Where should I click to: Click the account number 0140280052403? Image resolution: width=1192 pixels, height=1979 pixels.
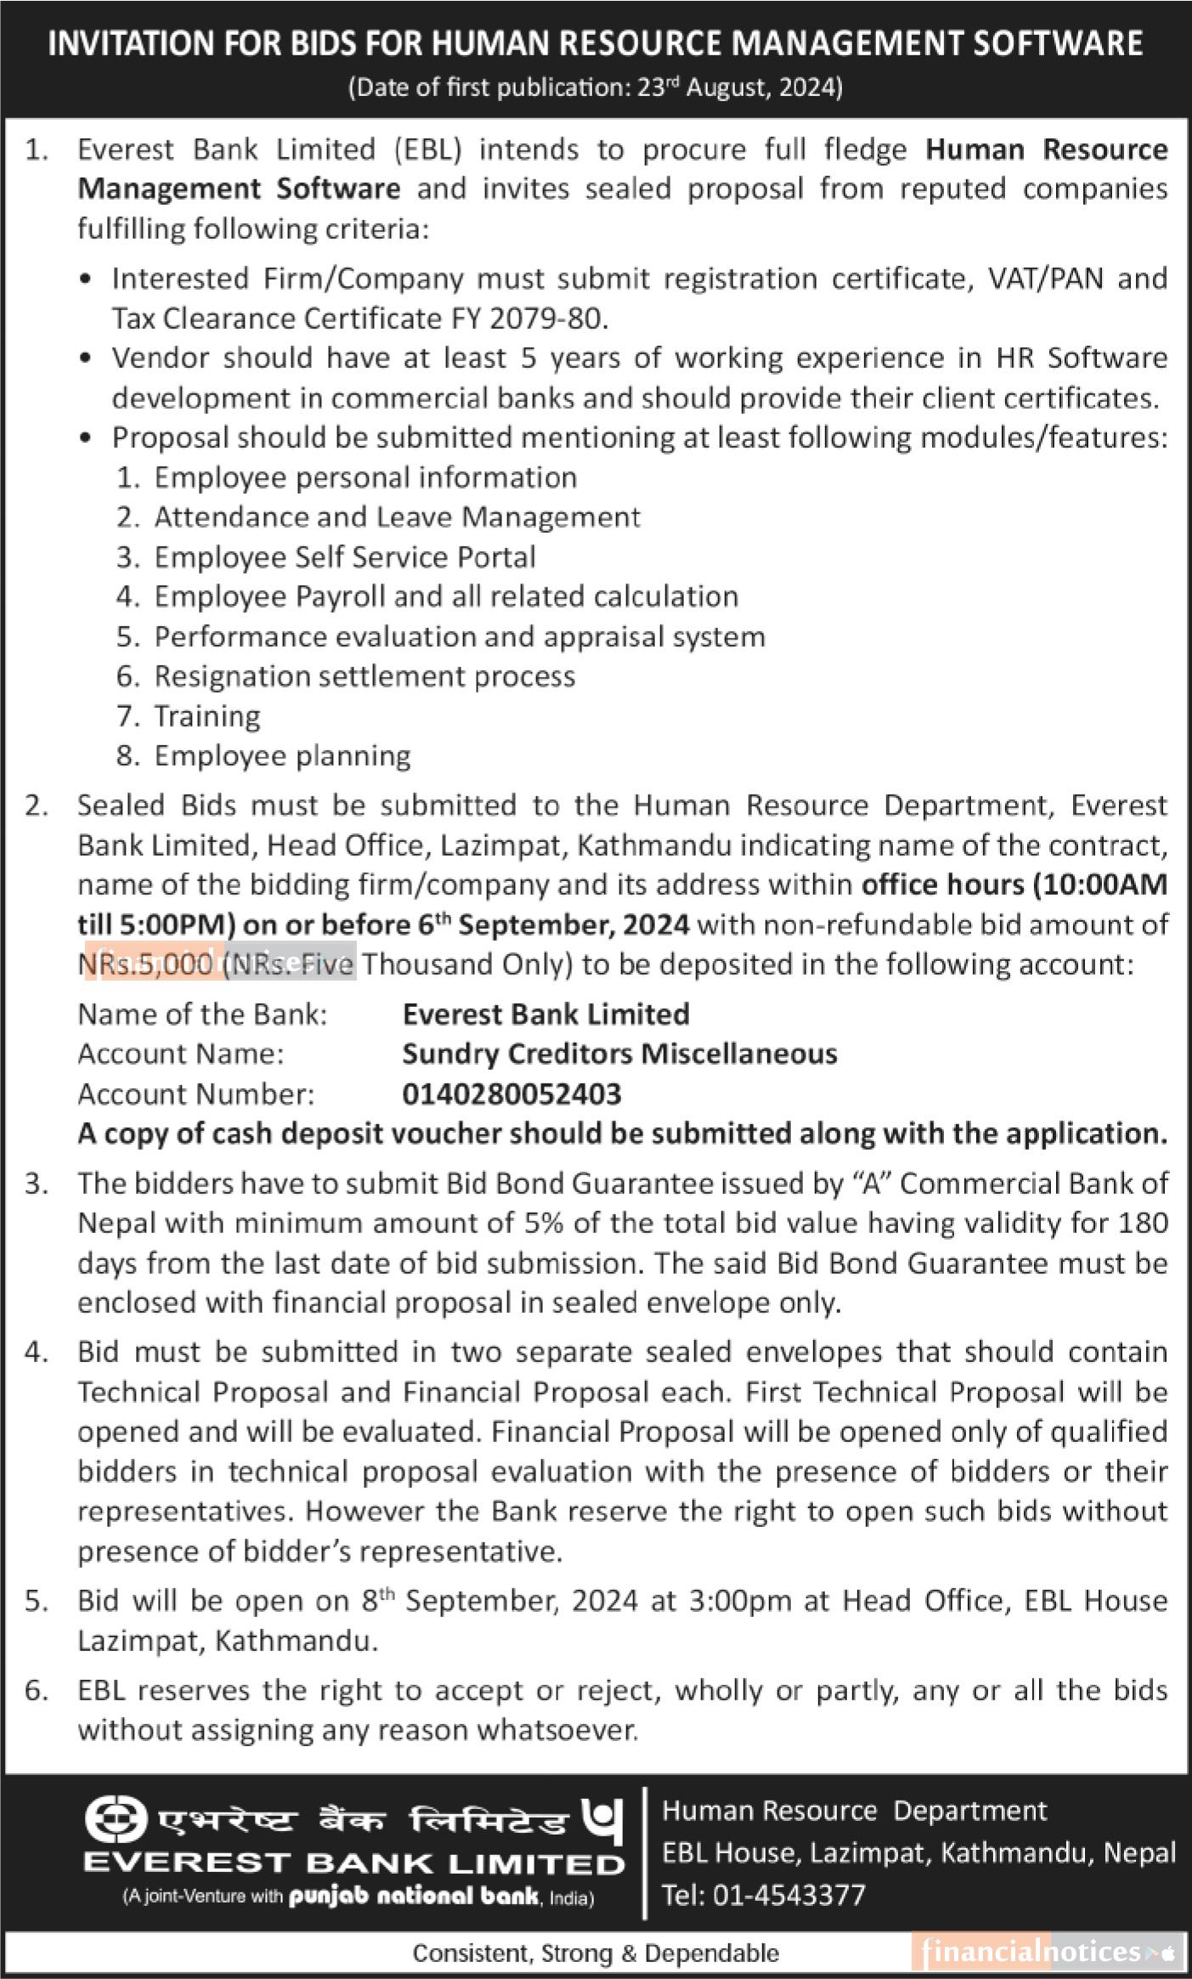pyautogui.click(x=511, y=1094)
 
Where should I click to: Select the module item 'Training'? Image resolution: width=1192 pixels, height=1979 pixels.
pyautogui.click(x=206, y=715)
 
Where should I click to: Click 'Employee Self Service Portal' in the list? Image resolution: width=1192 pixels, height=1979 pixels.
pyautogui.click(x=344, y=557)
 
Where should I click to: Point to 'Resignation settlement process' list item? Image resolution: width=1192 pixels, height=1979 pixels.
pyautogui.click(x=364, y=676)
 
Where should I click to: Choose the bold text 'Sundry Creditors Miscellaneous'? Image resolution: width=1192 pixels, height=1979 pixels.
pyautogui.click(x=619, y=1054)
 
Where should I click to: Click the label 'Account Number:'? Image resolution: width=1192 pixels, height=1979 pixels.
pyautogui.click(x=195, y=1094)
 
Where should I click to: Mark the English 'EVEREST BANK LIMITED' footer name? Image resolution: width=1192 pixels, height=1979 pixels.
pyautogui.click(x=353, y=1864)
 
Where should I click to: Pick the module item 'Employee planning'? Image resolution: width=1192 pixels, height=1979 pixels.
pyautogui.click(x=282, y=755)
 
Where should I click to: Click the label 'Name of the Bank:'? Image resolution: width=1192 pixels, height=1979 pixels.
pyautogui.click(x=202, y=1014)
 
